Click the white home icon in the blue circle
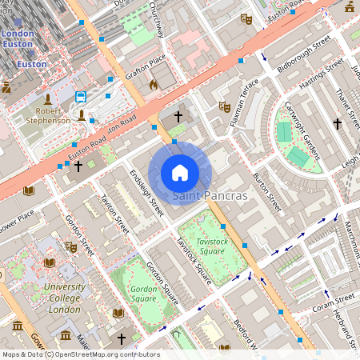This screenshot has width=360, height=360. click(180, 172)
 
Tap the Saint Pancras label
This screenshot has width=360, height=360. click(210, 195)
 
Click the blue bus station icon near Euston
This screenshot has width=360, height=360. click(81, 97)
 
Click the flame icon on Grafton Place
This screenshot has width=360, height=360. click(154, 83)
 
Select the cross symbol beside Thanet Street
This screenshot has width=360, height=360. click(338, 124)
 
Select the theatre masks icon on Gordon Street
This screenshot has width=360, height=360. click(70, 247)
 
